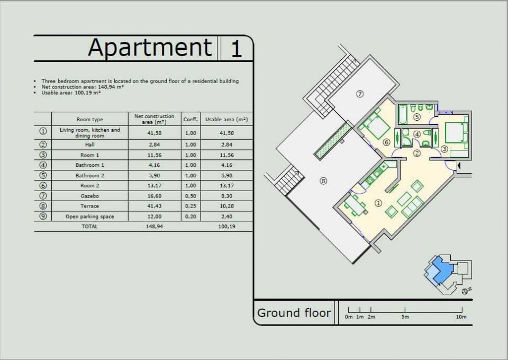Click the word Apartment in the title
point(150,48)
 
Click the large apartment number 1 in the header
point(236,49)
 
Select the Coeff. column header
point(190,120)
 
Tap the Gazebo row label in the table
point(90,196)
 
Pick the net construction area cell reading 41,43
point(154,206)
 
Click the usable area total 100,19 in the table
point(227,227)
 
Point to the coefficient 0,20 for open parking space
point(190,217)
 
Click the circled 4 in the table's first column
point(43,165)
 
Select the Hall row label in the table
point(90,145)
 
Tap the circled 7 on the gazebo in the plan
point(360,94)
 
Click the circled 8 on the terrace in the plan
point(323,181)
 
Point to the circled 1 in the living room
point(378,203)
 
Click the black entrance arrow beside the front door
point(458,166)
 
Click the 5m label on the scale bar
point(405,317)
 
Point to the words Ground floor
point(294,313)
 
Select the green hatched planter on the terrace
point(333,141)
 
